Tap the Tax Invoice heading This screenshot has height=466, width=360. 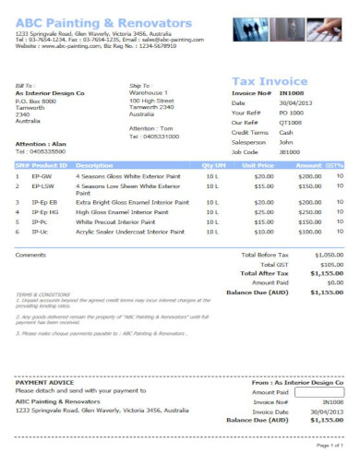(x=270, y=80)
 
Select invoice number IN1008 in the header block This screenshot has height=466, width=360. (x=292, y=92)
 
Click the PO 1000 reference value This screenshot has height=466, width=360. (x=291, y=113)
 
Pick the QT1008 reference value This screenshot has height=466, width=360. (x=291, y=123)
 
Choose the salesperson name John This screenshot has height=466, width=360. (x=285, y=142)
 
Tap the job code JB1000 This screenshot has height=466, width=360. (x=290, y=152)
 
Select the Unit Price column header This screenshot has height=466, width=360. (x=256, y=164)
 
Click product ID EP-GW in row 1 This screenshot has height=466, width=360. (x=42, y=175)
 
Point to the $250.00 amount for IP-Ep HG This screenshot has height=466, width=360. (x=309, y=211)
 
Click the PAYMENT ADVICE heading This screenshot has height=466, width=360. (x=42, y=382)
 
